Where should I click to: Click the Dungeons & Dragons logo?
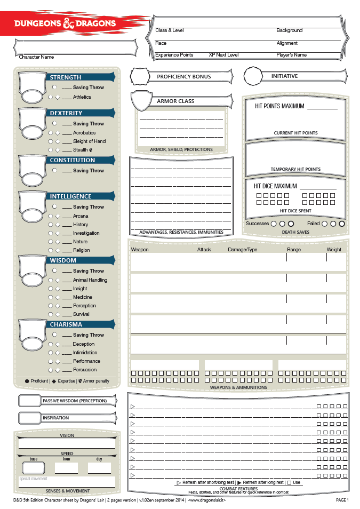coord(65,23)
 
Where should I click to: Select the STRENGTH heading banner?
coord(80,77)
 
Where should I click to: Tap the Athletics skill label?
coord(82,97)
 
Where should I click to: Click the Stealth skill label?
coord(81,150)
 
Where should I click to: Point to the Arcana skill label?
coord(81,216)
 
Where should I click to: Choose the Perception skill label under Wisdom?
coord(85,306)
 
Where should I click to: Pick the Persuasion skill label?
coord(85,370)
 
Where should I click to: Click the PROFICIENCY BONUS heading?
coord(183,77)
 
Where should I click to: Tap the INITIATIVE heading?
coord(284,76)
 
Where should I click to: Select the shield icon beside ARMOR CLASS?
coord(140,100)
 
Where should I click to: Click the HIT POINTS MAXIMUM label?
coord(279,106)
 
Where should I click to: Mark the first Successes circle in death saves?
coord(274,224)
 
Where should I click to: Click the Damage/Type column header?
coord(243,250)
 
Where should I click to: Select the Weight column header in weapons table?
coord(334,250)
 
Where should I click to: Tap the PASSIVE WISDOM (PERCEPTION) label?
coord(75,401)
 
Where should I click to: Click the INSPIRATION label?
coord(56,418)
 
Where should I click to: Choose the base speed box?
coord(34,468)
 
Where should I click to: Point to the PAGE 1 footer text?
coord(342,500)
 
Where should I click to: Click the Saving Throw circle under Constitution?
coord(55,170)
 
